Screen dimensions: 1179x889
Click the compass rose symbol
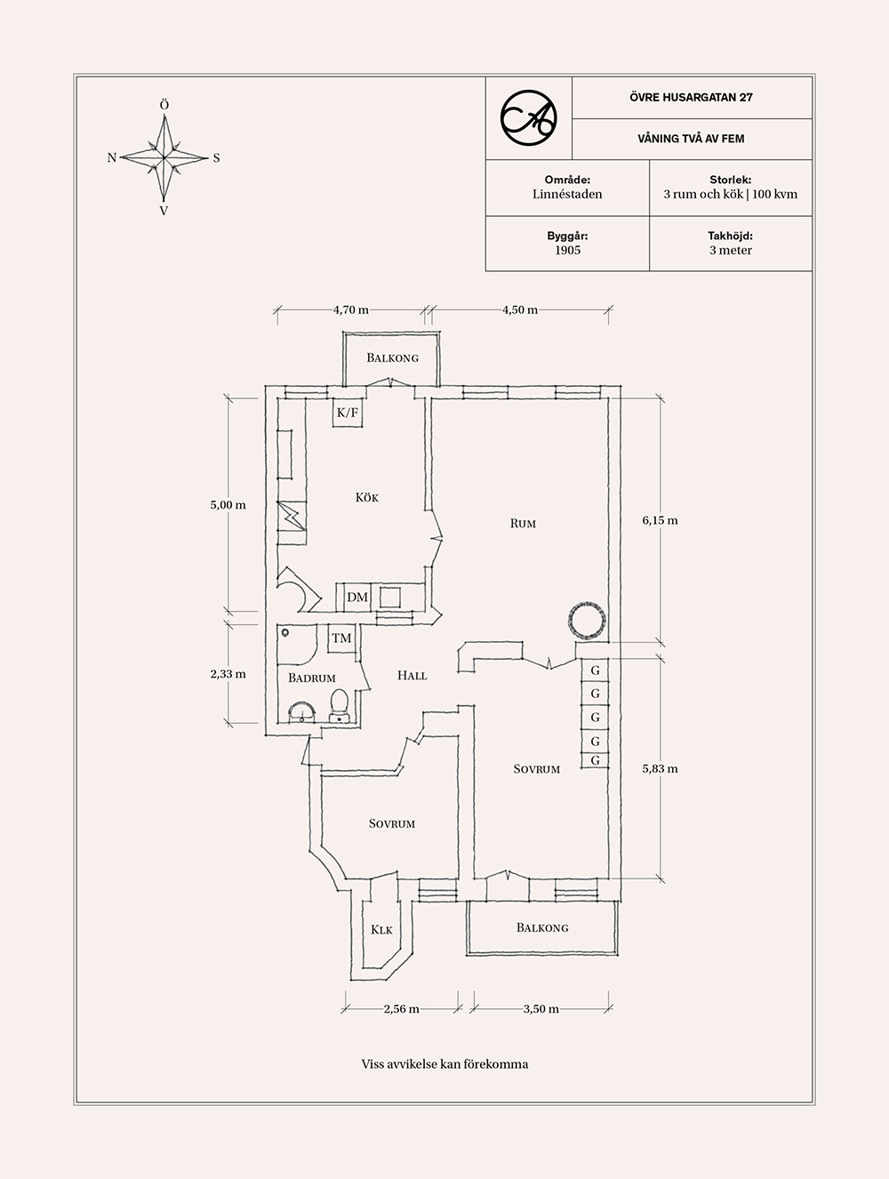pos(164,157)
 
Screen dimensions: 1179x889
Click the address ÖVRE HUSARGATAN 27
pos(691,97)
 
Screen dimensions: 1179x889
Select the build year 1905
pos(567,251)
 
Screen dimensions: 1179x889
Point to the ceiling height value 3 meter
pos(730,251)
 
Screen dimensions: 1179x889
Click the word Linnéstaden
pos(567,194)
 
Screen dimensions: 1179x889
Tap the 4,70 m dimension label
pos(350,310)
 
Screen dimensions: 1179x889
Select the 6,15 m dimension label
pos(660,520)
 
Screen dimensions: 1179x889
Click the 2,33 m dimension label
pos(228,674)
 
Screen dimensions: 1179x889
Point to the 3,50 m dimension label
pos(541,1008)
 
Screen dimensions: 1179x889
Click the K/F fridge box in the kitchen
pos(347,413)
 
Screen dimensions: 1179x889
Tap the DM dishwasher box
pos(357,597)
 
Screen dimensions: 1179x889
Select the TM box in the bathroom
pos(341,638)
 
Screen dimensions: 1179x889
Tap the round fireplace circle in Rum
pos(588,619)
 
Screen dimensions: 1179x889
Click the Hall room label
pos(412,676)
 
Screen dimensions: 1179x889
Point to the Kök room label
pos(366,498)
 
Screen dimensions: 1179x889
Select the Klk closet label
pos(381,930)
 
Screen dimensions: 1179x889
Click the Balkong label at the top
pos(392,358)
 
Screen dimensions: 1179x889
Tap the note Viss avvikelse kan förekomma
pos(444,1063)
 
